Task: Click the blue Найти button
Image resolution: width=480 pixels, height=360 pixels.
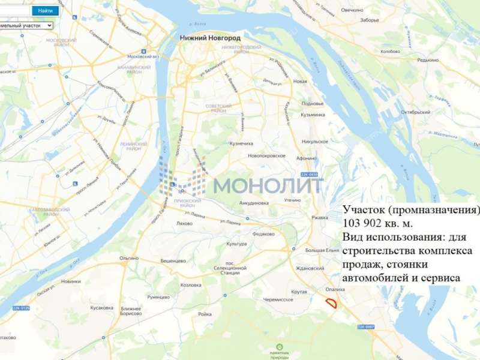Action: [x=45, y=10]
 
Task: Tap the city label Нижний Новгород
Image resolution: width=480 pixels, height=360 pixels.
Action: [x=210, y=38]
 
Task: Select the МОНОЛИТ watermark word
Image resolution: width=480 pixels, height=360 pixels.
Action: [x=268, y=185]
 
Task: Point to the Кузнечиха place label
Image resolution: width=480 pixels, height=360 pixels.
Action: [x=241, y=143]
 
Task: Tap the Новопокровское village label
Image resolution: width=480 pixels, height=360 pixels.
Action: [x=266, y=155]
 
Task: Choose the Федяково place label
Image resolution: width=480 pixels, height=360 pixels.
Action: [x=263, y=233]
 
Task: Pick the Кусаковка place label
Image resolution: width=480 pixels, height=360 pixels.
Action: [x=101, y=307]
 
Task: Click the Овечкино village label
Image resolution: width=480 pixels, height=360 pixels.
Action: [x=352, y=10]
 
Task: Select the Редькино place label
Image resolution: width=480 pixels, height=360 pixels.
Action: [x=428, y=59]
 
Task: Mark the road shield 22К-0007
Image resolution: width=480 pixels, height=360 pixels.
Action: [x=365, y=327]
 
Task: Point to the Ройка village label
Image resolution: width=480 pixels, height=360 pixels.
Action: [x=205, y=314]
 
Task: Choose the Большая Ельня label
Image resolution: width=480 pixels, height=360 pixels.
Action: [x=323, y=249]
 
